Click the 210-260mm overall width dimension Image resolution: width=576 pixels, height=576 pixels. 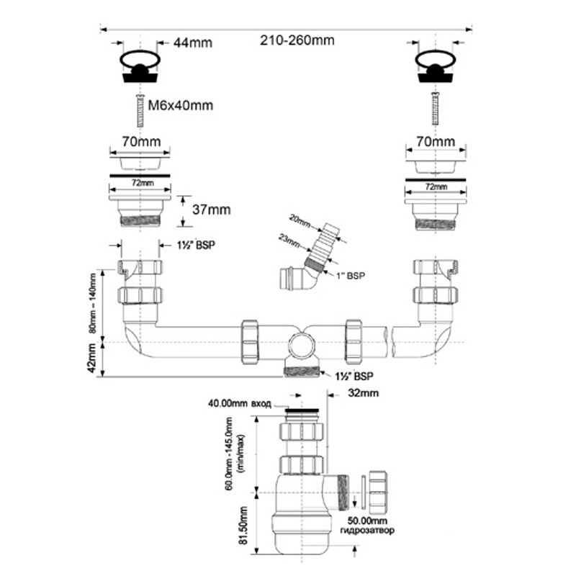[297, 40]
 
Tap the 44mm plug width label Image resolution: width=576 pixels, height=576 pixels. [193, 42]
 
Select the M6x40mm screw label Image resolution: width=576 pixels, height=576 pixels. [181, 105]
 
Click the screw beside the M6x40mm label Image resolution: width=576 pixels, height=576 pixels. [140, 111]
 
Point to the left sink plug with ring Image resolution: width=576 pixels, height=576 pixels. [140, 67]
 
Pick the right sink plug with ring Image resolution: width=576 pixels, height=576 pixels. [436, 67]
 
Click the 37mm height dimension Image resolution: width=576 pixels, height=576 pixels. [212, 210]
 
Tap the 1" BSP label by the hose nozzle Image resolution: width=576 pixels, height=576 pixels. [351, 276]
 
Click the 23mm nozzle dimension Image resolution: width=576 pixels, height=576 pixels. [289, 240]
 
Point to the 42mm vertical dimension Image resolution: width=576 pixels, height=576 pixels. [91, 358]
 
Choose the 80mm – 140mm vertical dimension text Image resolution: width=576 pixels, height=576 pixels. [92, 302]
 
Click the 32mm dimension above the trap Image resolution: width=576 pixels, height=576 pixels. [363, 393]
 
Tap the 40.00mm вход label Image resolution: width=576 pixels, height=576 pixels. [240, 404]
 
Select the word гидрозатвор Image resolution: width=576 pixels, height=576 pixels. [367, 531]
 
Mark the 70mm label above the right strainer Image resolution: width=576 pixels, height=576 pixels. [436, 141]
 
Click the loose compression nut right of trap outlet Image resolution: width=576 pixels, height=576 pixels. [379, 492]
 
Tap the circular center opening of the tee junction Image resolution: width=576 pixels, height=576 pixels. [302, 346]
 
